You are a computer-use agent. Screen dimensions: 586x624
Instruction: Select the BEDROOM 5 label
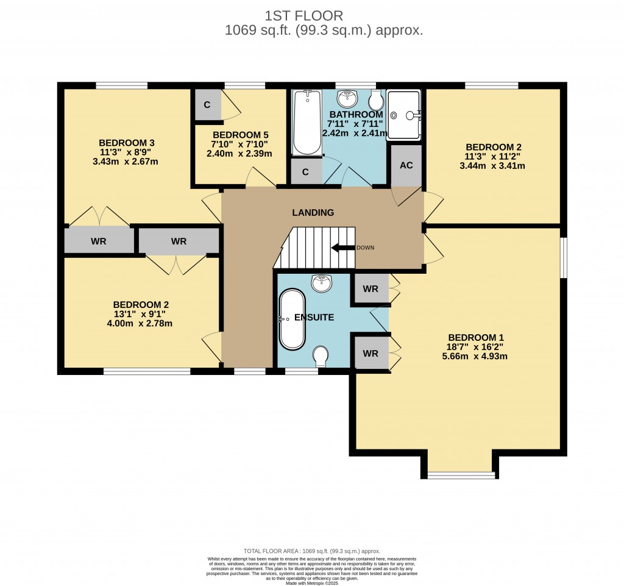(240, 135)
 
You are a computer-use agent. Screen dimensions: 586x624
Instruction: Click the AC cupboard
(406, 166)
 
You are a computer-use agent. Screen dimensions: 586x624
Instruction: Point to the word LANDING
(313, 213)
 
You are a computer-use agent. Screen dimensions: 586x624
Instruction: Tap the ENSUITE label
(314, 318)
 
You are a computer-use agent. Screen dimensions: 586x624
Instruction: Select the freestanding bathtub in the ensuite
(291, 319)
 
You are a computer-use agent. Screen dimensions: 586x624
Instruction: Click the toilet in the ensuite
(320, 357)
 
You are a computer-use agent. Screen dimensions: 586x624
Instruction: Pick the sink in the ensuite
(320, 283)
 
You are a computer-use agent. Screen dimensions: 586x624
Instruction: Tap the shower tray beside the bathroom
(403, 115)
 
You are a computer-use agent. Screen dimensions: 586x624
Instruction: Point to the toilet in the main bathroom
(377, 101)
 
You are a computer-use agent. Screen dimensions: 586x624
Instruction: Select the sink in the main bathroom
(348, 98)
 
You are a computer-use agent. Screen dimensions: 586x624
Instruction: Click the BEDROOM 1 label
(476, 338)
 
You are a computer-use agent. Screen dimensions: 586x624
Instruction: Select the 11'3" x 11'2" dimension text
(494, 156)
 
